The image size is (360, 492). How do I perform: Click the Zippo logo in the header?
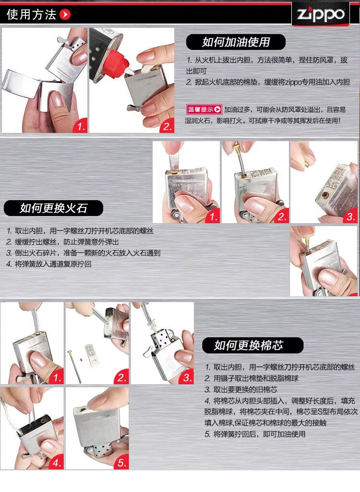(x=321, y=14)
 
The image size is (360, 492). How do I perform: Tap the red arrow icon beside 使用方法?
(x=65, y=14)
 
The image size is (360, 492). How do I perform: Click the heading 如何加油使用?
(x=236, y=42)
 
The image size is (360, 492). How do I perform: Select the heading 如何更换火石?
(x=53, y=208)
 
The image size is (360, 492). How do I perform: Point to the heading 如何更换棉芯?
(x=249, y=346)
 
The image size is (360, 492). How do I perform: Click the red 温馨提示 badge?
(x=204, y=109)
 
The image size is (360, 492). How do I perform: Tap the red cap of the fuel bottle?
(x=115, y=65)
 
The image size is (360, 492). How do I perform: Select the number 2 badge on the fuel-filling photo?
(x=168, y=126)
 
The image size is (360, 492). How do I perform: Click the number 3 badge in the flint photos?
(x=350, y=216)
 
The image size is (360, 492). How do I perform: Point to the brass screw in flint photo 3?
(x=306, y=164)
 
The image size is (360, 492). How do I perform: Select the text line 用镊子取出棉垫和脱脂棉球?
(x=252, y=378)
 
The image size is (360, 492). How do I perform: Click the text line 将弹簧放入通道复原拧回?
(x=48, y=264)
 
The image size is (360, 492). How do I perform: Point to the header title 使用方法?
(x=31, y=14)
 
